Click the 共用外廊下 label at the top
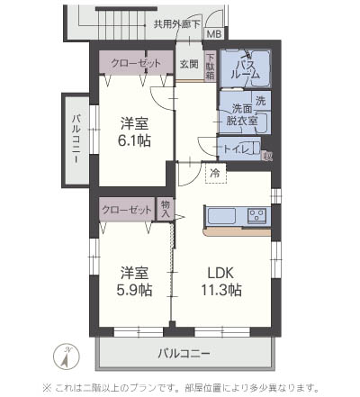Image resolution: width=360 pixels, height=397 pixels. [x=175, y=24]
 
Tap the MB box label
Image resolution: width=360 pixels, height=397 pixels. [x=213, y=34]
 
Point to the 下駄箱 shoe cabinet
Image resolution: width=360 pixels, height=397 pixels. [x=209, y=68]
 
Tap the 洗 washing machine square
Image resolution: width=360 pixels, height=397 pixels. [x=261, y=100]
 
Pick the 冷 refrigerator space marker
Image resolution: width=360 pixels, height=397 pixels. [x=215, y=171]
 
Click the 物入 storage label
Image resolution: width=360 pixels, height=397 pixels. [x=165, y=208]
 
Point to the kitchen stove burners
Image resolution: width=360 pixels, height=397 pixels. [x=256, y=215]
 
